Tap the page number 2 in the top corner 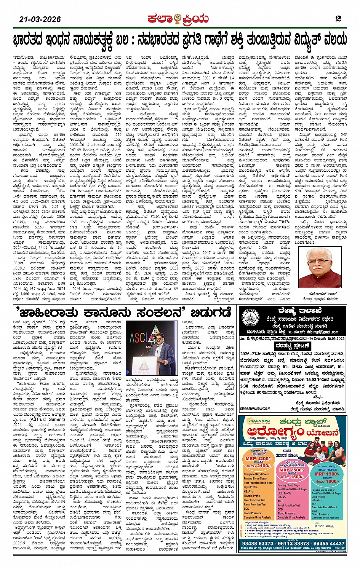pyautogui.click(x=338, y=19)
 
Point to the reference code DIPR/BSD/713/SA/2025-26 pyautogui.click(x=255, y=409)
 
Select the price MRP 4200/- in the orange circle pyautogui.click(x=258, y=459)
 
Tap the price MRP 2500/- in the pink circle pyautogui.click(x=292, y=470)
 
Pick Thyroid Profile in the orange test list pyautogui.click(x=252, y=496)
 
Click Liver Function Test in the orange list pyautogui.click(x=254, y=500)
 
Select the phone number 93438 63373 pyautogui.click(x=258, y=543)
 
